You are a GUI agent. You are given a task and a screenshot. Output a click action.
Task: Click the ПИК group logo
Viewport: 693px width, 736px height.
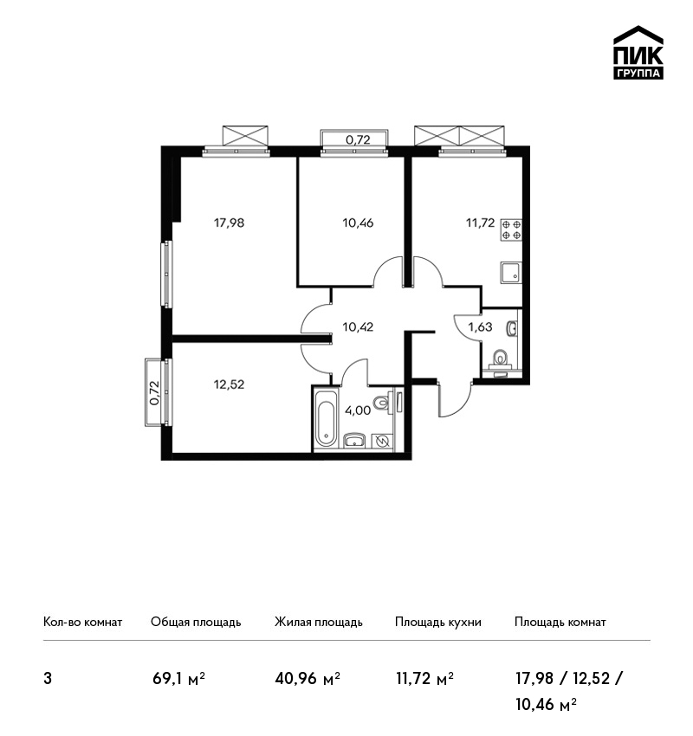click(x=638, y=52)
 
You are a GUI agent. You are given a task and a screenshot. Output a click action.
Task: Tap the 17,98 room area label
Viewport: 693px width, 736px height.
click(x=229, y=223)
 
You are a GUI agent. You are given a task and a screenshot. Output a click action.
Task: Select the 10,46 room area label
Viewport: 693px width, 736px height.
click(x=358, y=223)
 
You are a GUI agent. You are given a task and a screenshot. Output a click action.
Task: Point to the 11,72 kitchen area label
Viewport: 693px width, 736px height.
click(x=480, y=223)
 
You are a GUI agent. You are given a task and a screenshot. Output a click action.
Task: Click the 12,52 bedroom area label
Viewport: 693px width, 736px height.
click(x=229, y=384)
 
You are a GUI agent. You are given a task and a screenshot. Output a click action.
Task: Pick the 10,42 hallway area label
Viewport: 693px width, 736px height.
click(x=358, y=326)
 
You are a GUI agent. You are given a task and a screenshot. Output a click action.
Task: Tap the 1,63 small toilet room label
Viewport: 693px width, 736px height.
click(x=480, y=326)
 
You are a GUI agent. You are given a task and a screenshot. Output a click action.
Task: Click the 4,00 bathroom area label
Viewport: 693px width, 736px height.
click(x=358, y=410)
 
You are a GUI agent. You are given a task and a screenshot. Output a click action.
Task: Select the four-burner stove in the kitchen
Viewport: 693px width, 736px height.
click(x=511, y=230)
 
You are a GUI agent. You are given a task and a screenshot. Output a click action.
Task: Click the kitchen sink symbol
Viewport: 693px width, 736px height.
click(x=511, y=273)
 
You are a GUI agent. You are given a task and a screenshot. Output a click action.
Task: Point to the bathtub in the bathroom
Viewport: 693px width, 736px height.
click(x=326, y=417)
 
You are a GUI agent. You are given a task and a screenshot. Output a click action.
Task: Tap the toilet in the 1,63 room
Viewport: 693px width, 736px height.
click(x=501, y=359)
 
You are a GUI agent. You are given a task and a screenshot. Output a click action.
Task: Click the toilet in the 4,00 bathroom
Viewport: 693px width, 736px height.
click(x=382, y=404)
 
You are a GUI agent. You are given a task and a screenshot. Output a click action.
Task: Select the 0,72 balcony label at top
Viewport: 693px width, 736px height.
click(x=358, y=139)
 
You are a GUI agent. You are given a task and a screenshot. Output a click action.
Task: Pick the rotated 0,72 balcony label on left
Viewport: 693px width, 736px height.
click(x=154, y=392)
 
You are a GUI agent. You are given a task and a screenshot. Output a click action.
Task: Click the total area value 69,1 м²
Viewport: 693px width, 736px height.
click(x=178, y=679)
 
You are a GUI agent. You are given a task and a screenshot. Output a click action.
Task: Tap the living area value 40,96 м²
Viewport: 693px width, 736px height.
click(x=308, y=679)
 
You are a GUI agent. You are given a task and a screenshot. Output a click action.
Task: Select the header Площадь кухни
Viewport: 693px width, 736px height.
click(x=438, y=623)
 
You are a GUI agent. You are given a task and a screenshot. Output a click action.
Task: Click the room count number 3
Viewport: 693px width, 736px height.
click(x=48, y=679)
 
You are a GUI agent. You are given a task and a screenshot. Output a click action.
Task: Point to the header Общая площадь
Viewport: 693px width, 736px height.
click(x=196, y=623)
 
